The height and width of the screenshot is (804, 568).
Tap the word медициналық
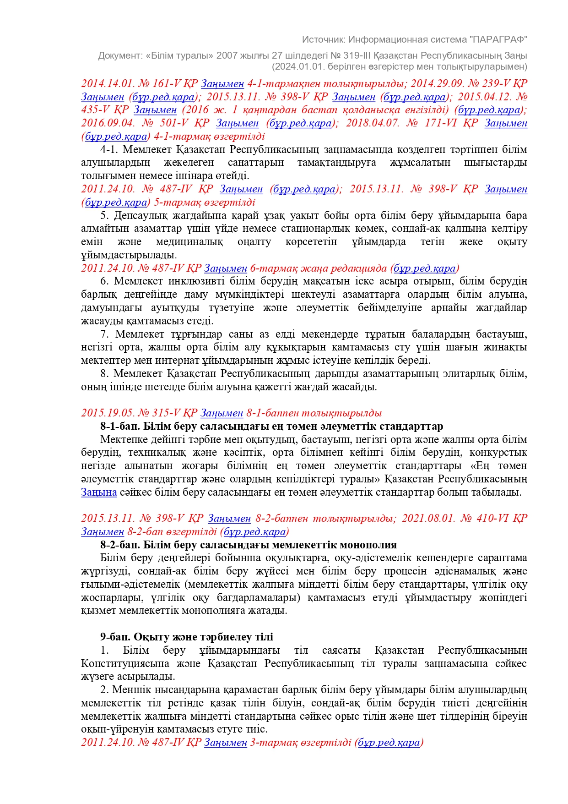189,241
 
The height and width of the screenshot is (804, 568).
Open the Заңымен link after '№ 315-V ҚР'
222,413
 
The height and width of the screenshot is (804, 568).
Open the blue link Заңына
99,492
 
